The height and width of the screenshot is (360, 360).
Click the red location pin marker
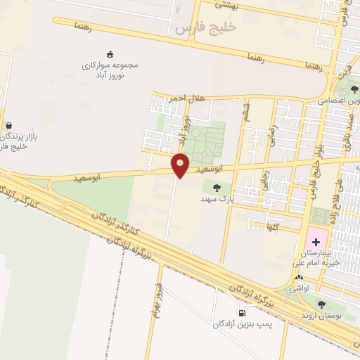tap(181, 165)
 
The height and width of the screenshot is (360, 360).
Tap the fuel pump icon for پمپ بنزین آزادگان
tap(242, 313)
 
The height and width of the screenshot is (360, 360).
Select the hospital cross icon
tap(316, 241)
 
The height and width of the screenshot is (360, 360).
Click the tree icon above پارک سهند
tap(216, 187)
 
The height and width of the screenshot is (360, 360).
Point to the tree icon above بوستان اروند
tap(321, 304)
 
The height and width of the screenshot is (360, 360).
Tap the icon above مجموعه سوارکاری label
tap(110, 54)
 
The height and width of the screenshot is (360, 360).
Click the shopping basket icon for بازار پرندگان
tap(8, 124)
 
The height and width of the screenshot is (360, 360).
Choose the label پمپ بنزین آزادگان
tap(243, 324)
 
